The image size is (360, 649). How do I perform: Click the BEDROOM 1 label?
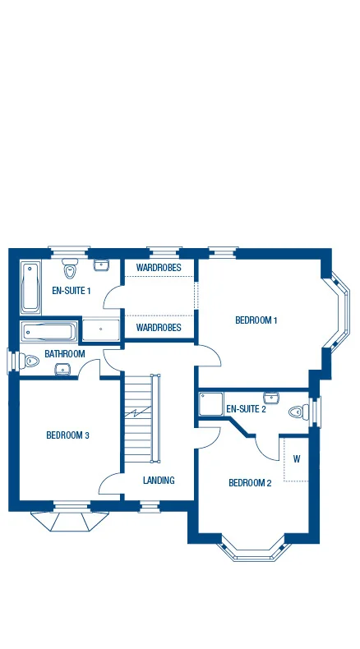256,320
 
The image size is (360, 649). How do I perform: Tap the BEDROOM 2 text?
249,482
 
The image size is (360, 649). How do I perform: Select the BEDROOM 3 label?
67,435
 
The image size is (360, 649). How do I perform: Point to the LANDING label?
158,480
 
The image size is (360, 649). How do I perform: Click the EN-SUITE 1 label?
71,290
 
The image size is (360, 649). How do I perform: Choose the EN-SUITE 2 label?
246,408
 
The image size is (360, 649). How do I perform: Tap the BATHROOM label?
65,354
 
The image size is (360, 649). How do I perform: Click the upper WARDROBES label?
158,268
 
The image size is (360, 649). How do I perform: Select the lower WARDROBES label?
158,327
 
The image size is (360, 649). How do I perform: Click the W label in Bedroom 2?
296,458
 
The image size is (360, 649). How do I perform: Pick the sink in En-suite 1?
102,265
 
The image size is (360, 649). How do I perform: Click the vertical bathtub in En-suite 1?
30,287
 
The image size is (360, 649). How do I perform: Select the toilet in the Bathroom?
30,360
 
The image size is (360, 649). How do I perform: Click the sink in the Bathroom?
62,370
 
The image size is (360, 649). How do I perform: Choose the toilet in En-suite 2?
298,412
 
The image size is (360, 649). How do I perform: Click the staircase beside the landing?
140,419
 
